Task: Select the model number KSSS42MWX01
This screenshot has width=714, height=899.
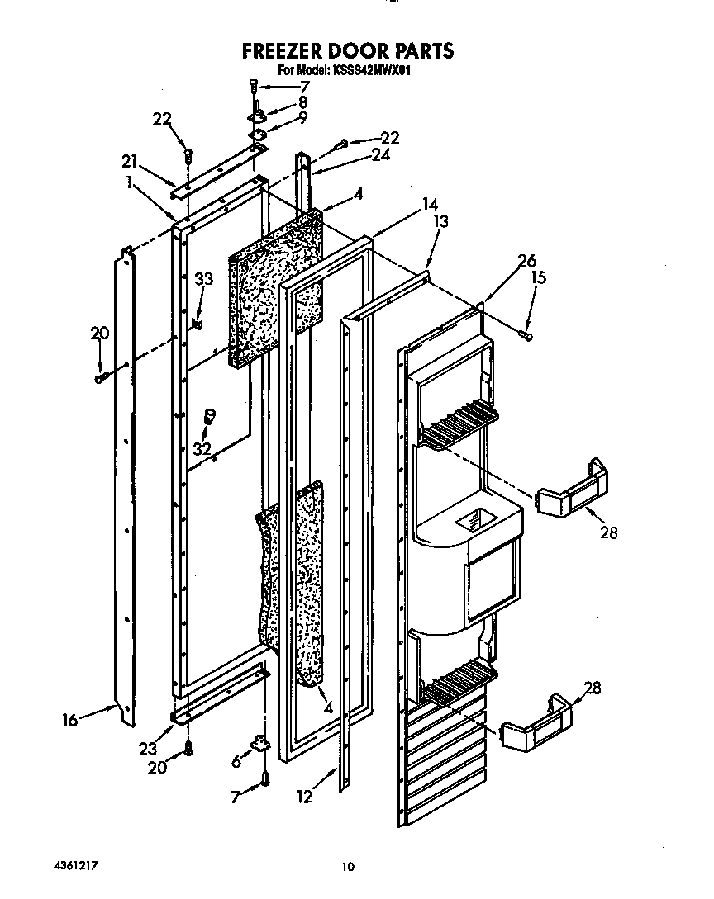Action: [x=371, y=71]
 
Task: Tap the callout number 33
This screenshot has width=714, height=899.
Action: [x=203, y=280]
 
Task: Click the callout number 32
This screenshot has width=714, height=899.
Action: [x=202, y=449]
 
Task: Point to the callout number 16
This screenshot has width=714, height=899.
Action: [x=69, y=721]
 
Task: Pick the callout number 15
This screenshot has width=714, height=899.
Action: [x=537, y=279]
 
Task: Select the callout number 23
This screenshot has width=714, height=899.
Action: [x=148, y=750]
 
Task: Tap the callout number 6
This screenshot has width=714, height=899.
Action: [x=237, y=762]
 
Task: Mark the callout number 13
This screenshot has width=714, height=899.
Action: [x=441, y=220]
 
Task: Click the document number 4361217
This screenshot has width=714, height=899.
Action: [x=69, y=864]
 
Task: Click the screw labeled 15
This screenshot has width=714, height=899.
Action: [x=526, y=334]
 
